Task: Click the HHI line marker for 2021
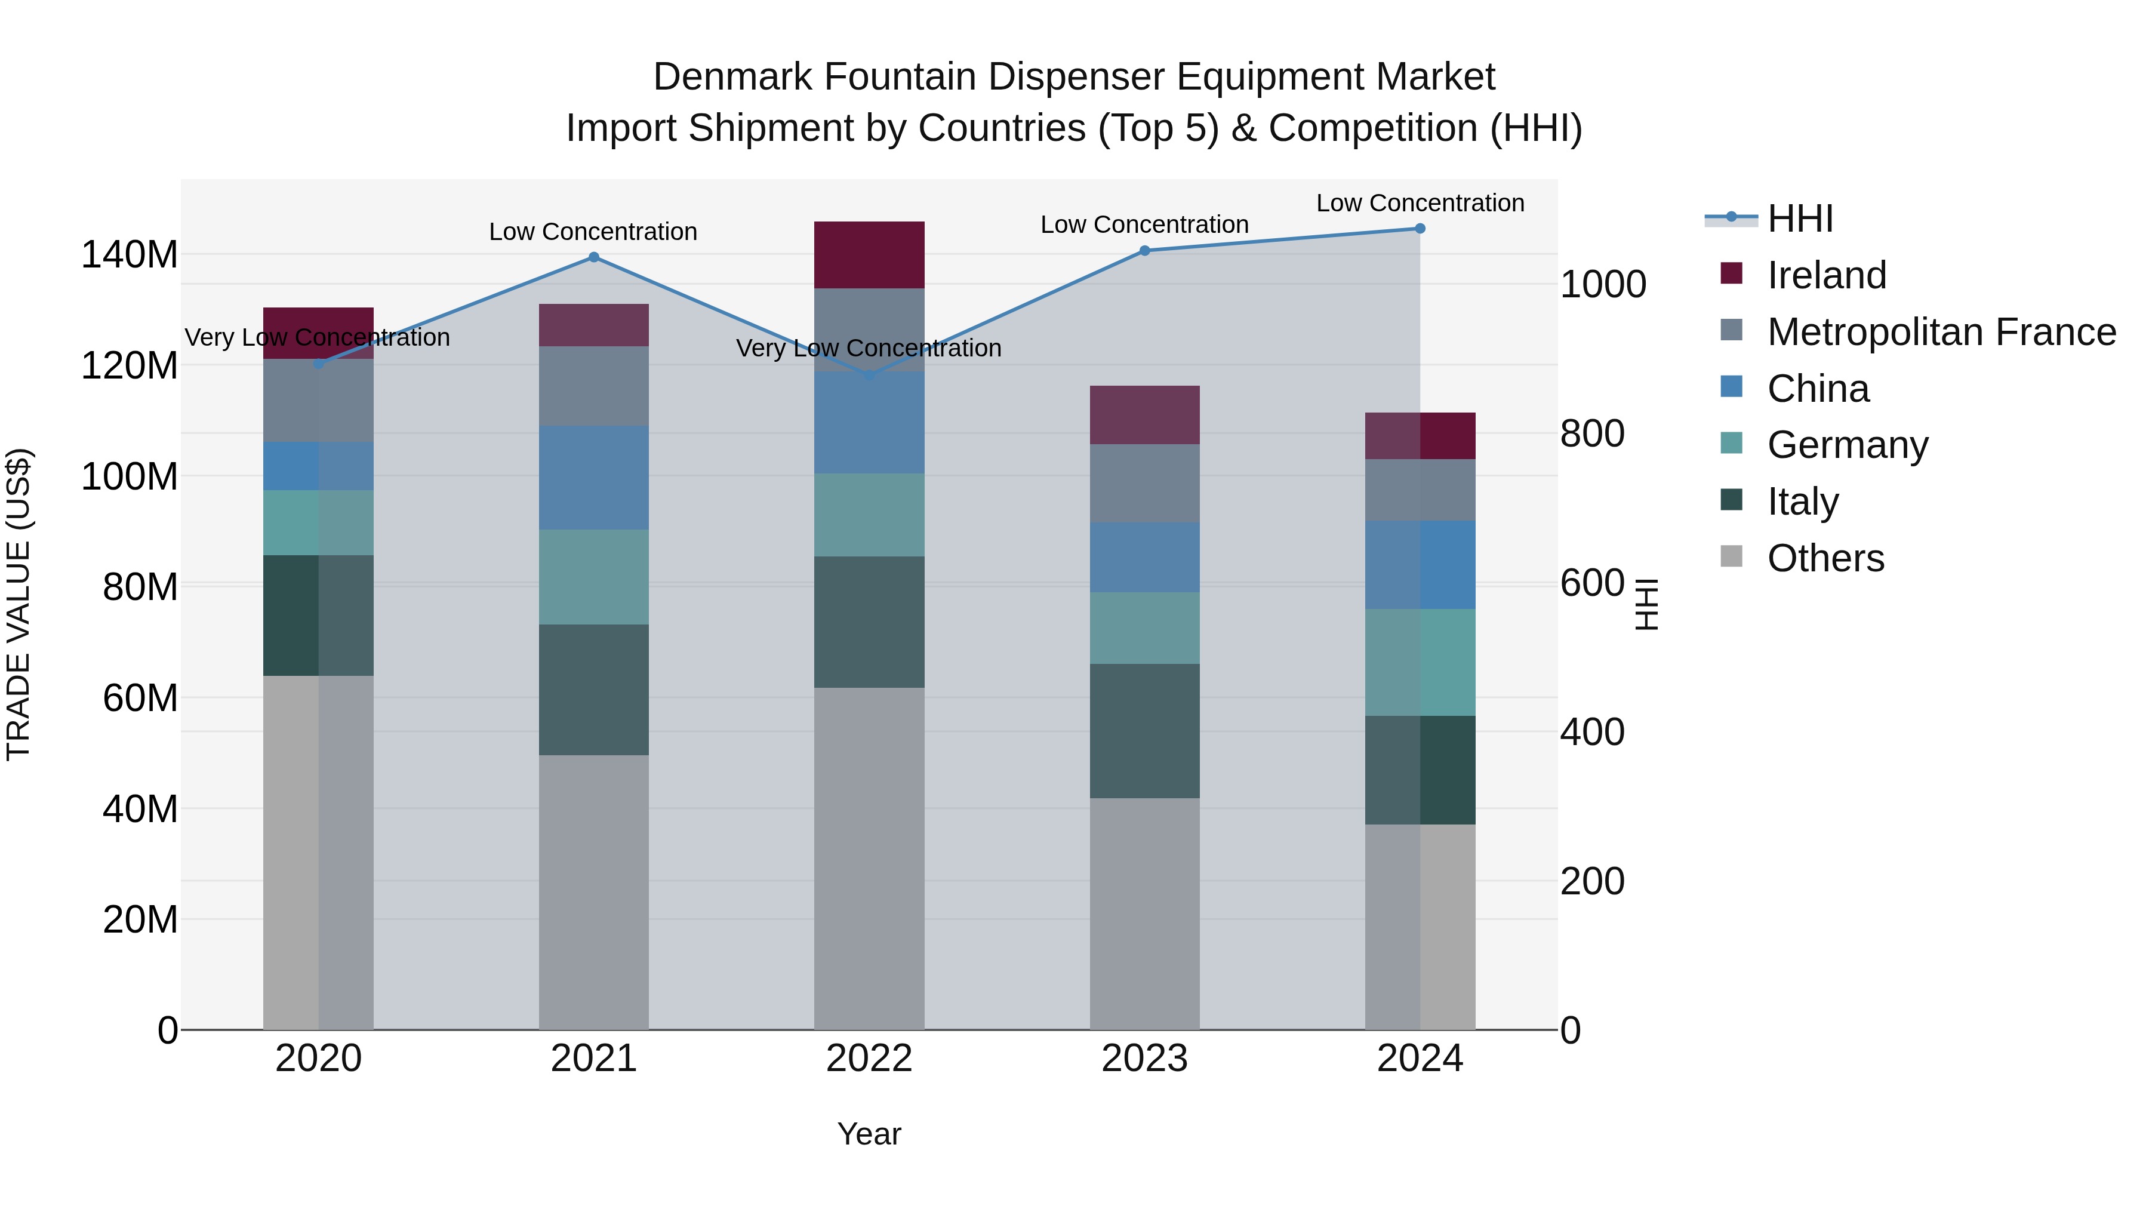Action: [593, 257]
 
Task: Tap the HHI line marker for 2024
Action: [1420, 229]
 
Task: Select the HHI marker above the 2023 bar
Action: [1144, 250]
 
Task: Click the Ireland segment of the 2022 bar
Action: [869, 254]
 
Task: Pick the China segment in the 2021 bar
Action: [593, 477]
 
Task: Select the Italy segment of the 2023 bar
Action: [1144, 731]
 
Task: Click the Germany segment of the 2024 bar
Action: [1420, 663]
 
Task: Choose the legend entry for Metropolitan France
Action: [1941, 332]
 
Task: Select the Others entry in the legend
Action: [1825, 558]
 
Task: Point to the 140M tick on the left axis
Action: [130, 254]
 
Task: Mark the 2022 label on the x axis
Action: [869, 1059]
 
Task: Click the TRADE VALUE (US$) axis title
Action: [19, 604]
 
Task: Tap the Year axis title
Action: [869, 1134]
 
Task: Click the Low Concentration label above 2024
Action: [1420, 203]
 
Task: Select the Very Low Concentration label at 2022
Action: [869, 348]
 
